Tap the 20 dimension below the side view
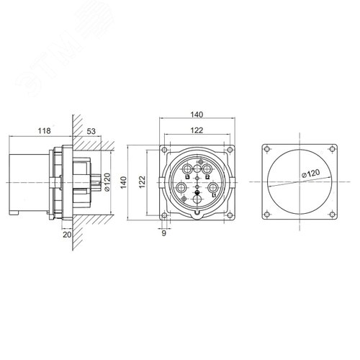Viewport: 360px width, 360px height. [x=66, y=233]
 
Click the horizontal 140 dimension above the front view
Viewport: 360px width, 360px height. [x=197, y=114]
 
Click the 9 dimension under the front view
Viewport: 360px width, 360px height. [x=164, y=232]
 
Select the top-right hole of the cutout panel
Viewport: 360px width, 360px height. [x=332, y=149]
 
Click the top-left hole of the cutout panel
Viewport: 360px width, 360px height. [x=268, y=149]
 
